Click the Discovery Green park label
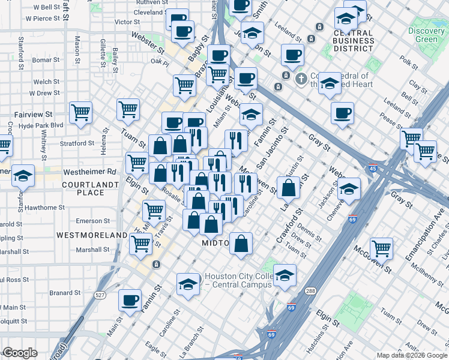click(426, 35)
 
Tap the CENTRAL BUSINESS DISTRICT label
click(354, 40)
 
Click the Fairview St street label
click(34, 114)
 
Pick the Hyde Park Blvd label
click(40, 125)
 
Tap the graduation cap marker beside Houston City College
click(188, 283)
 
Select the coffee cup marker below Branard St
click(130, 299)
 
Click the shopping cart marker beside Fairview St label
click(80, 112)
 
